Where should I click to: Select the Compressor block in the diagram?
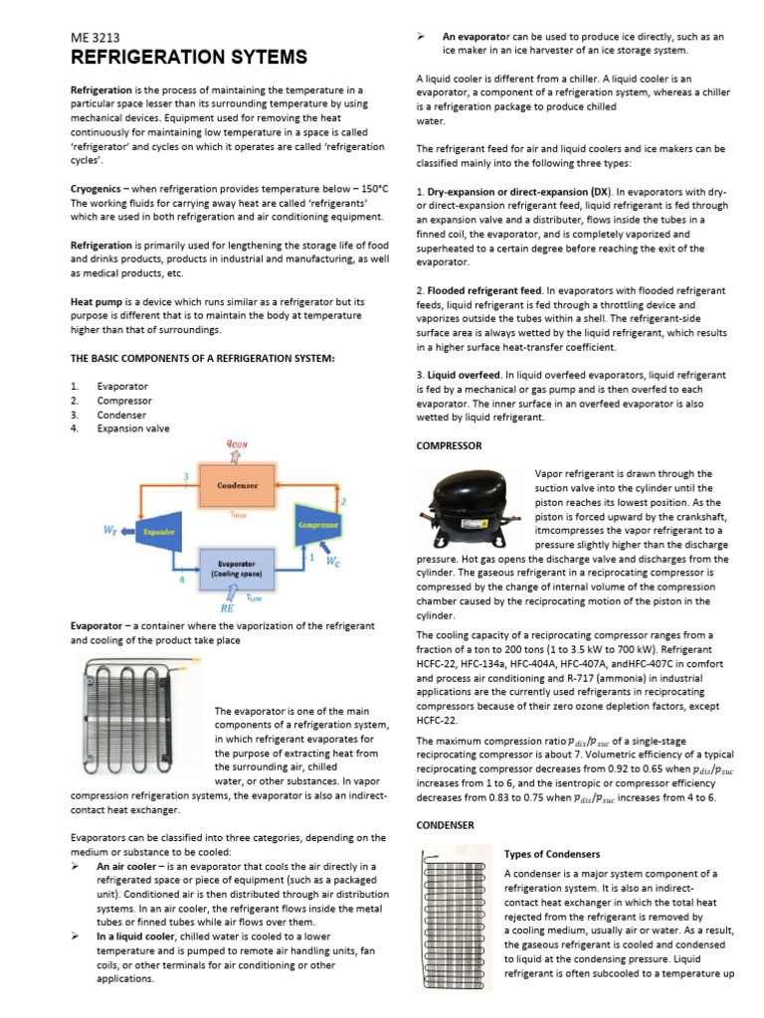pyautogui.click(x=318, y=523)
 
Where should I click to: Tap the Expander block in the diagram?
pyautogui.click(x=158, y=531)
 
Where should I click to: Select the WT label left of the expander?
pyautogui.click(x=110, y=531)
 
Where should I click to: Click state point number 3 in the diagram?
pyautogui.click(x=186, y=478)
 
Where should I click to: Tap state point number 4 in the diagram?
pyautogui.click(x=181, y=579)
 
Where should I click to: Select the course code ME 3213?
pyautogui.click(x=95, y=37)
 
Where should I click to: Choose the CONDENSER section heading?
pyautogui.click(x=445, y=825)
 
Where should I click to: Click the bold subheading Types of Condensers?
pyautogui.click(x=551, y=855)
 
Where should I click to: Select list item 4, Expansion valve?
pyautogui.click(x=132, y=428)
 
